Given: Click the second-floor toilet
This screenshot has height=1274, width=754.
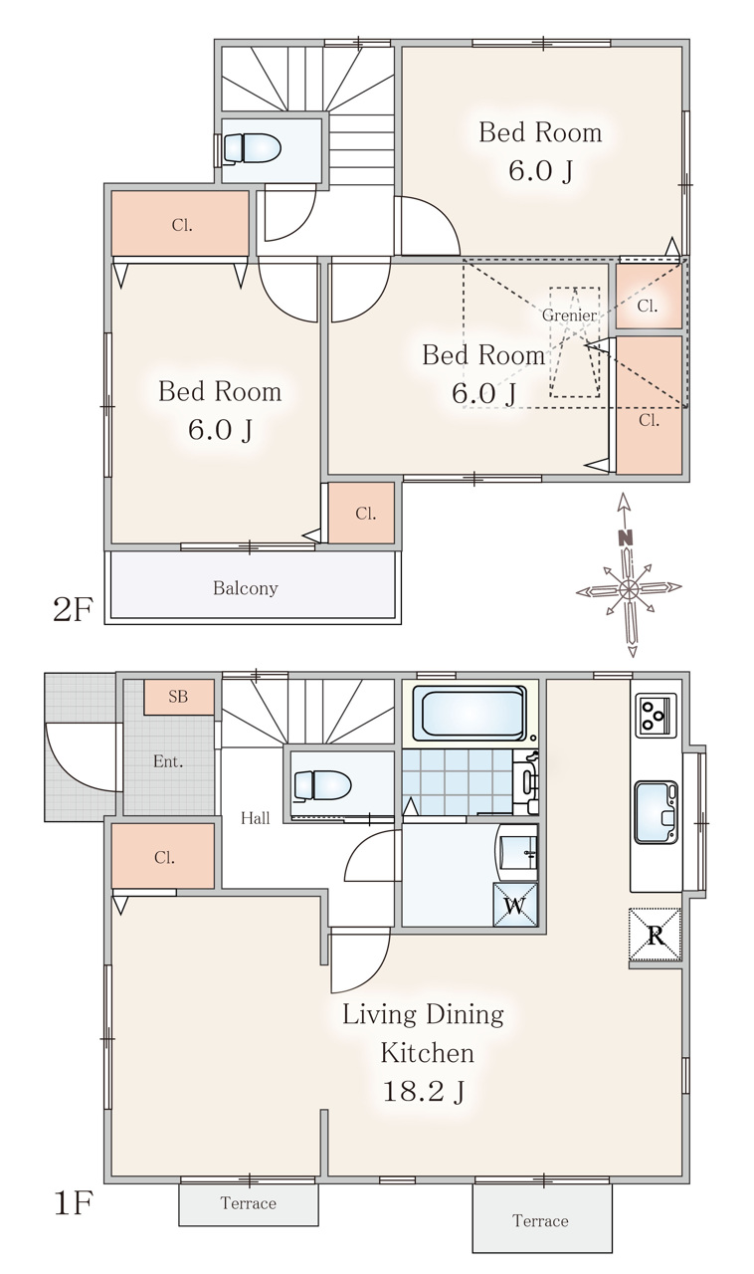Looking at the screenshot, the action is [x=252, y=149].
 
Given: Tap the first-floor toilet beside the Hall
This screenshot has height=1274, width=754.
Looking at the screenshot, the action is [x=322, y=785].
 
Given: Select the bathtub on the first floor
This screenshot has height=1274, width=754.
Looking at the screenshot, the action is [x=470, y=713].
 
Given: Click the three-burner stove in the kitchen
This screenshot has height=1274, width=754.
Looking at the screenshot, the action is [x=656, y=715].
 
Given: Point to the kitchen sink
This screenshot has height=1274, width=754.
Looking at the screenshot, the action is [x=657, y=811].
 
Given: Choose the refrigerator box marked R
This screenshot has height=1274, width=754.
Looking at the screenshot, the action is [x=656, y=935].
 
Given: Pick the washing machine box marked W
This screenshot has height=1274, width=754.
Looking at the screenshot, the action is [x=515, y=905].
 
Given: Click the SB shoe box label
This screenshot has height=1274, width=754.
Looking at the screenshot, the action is [x=178, y=697].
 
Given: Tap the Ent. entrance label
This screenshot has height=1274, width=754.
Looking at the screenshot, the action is [x=168, y=761].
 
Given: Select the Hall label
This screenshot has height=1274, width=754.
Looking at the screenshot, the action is [x=256, y=818].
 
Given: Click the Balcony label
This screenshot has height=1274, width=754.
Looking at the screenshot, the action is [x=246, y=588].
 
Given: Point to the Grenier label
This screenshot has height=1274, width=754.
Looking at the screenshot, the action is [x=569, y=316].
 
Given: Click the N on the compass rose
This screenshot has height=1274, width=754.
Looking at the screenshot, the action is [x=626, y=537].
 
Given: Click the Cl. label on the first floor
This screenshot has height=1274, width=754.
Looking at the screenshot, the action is [x=164, y=857].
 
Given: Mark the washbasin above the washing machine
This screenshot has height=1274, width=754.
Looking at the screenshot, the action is [x=517, y=852].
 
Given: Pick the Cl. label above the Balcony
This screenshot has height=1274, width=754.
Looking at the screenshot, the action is [x=366, y=514].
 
